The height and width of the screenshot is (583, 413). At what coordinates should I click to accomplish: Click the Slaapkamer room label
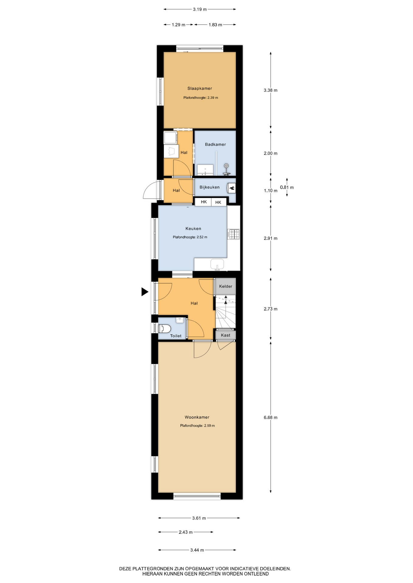(200, 88)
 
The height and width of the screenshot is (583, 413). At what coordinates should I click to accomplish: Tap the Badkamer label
(215, 144)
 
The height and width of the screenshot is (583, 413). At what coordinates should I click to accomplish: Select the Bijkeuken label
(210, 187)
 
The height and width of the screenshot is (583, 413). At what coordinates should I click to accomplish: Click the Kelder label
(226, 286)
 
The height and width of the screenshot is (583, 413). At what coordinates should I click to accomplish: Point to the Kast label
(226, 335)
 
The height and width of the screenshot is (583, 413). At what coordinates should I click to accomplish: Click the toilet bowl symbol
(165, 328)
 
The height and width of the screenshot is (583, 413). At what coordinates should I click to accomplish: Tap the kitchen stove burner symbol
(234, 234)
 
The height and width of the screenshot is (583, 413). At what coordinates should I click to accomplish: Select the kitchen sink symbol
(217, 264)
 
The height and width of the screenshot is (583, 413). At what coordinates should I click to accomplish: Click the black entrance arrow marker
(145, 292)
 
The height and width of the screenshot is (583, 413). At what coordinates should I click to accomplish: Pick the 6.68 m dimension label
(270, 417)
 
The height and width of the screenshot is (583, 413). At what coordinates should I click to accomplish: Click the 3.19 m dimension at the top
(200, 9)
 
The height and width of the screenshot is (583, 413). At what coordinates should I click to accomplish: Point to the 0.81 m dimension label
(287, 187)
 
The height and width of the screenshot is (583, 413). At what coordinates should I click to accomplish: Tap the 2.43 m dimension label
(186, 532)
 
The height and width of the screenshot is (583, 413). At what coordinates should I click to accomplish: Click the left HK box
(203, 202)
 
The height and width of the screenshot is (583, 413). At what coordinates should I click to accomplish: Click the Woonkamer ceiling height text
(197, 426)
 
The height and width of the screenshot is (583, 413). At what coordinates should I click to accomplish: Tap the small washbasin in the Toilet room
(180, 320)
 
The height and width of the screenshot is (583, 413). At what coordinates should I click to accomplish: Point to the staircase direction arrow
(226, 299)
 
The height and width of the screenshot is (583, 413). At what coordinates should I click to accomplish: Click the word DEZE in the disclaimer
(125, 569)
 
